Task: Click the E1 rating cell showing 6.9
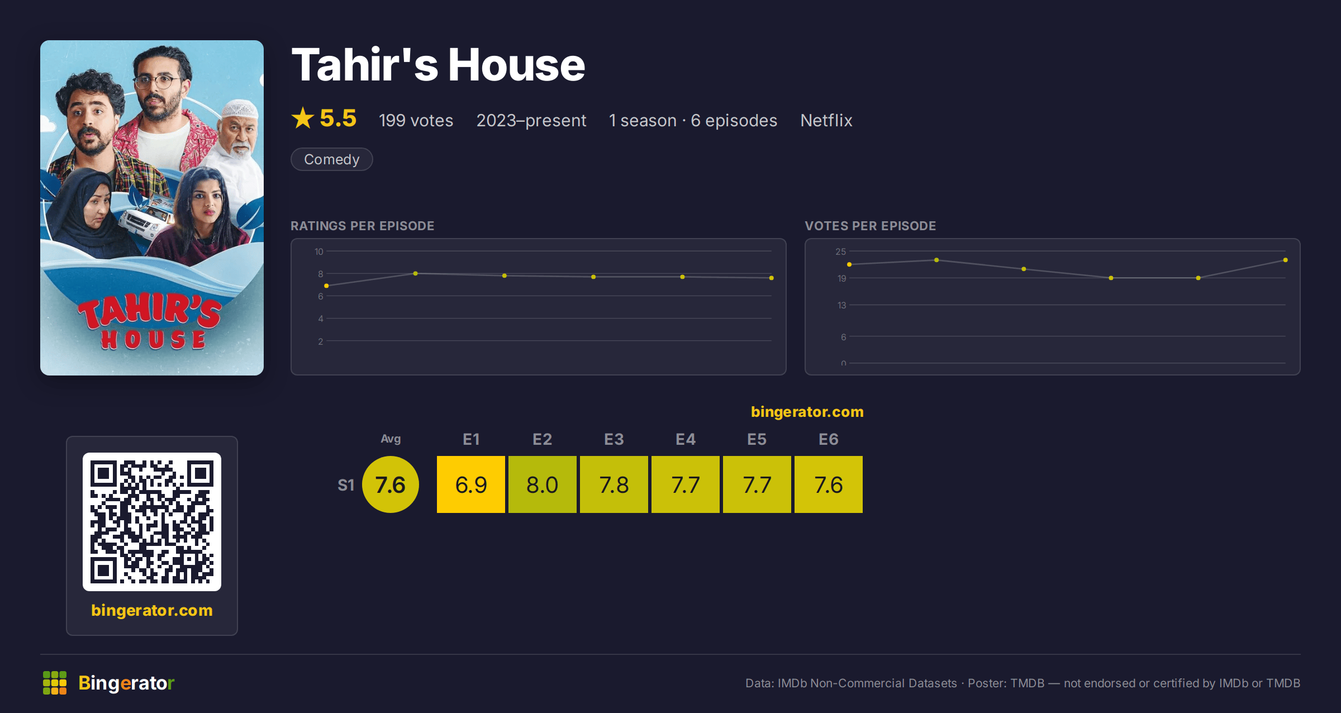pyautogui.click(x=470, y=484)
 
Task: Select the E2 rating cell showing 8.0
pyautogui.click(x=542, y=484)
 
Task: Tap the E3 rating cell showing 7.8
pyautogui.click(x=614, y=484)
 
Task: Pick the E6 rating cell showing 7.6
pyautogui.click(x=828, y=484)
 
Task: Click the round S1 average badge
pyautogui.click(x=390, y=484)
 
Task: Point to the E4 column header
pyautogui.click(x=685, y=439)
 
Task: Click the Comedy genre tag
pyautogui.click(x=331, y=159)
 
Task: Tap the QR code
pyautogui.click(x=152, y=522)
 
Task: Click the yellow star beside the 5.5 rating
pyautogui.click(x=303, y=118)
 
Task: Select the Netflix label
pyautogui.click(x=826, y=120)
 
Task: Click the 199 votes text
pyautogui.click(x=416, y=120)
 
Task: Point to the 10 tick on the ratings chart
pyautogui.click(x=318, y=251)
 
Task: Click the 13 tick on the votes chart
pyautogui.click(x=841, y=305)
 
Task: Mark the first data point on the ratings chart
pyautogui.click(x=326, y=286)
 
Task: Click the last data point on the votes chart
pyautogui.click(x=1285, y=260)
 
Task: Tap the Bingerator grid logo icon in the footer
pyautogui.click(x=55, y=683)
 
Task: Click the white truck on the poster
pyautogui.click(x=146, y=221)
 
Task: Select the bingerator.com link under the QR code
pyautogui.click(x=152, y=610)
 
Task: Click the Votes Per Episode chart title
pyautogui.click(x=870, y=226)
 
